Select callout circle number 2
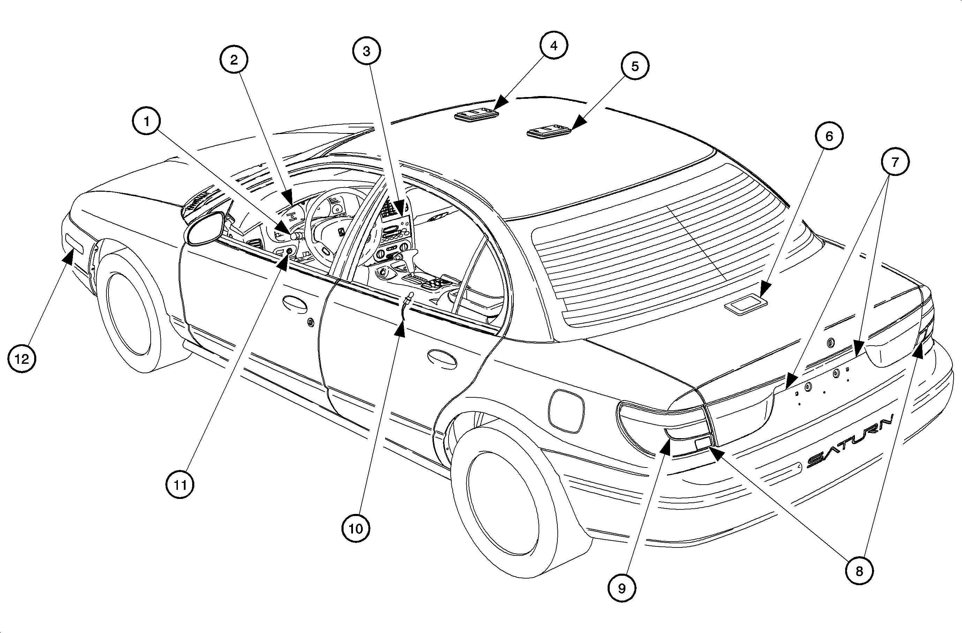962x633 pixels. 234,60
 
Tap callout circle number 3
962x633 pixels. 367,51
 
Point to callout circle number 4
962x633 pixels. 554,46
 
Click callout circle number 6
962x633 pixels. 829,136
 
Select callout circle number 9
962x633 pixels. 622,588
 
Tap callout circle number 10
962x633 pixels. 356,528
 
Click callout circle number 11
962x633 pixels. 180,484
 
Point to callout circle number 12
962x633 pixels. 22,358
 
